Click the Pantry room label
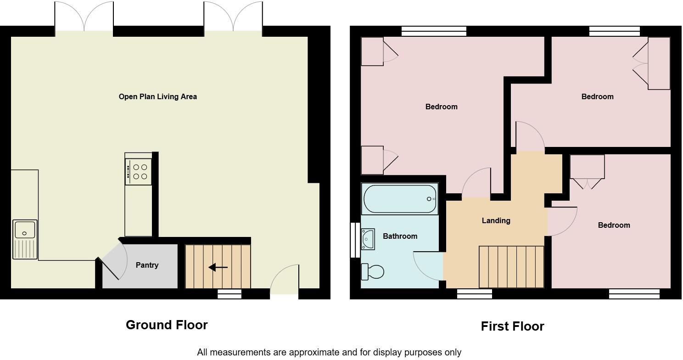[147, 265]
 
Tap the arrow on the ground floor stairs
[218, 267]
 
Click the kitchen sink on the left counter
[25, 230]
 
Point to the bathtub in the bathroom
[400, 199]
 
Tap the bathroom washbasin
[368, 239]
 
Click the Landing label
[496, 220]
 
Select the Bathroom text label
[400, 236]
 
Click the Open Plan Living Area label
[157, 96]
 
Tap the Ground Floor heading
[167, 325]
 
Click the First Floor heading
[512, 326]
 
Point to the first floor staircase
[511, 267]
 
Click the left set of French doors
[84, 17]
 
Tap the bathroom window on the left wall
[354, 240]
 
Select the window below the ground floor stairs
[229, 294]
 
